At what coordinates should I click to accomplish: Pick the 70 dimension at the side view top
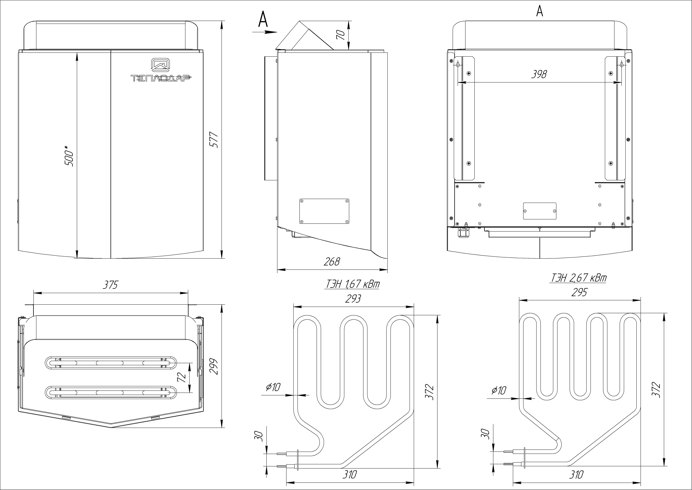click(340, 35)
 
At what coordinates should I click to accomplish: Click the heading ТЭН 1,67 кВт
click(352, 284)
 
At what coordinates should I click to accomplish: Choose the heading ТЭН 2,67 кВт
click(578, 278)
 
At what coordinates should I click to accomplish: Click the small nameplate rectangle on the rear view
click(539, 211)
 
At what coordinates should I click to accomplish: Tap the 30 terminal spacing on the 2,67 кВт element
click(485, 434)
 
